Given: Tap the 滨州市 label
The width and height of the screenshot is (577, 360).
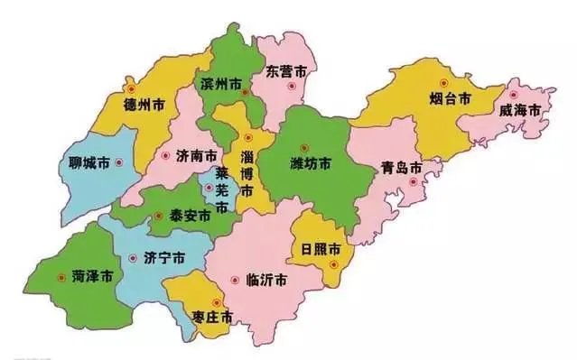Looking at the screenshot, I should (x=221, y=84).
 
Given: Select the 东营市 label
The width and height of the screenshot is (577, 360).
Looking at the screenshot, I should (x=286, y=70).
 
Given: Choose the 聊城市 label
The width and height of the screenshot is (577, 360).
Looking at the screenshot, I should (x=88, y=163).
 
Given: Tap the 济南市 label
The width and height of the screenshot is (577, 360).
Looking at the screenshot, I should (x=196, y=154).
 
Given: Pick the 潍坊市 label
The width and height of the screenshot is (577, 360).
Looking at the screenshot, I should (x=311, y=164).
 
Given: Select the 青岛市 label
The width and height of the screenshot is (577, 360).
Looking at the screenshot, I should (x=402, y=168).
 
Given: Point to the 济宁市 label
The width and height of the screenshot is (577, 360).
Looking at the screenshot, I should (x=164, y=258).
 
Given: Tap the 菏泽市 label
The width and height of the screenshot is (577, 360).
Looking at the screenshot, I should (x=90, y=276).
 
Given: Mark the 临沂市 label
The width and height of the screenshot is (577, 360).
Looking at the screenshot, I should (x=266, y=280).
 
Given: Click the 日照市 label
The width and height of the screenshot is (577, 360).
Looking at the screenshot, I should (x=321, y=248).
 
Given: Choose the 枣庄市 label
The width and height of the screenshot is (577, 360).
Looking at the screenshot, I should (x=212, y=317).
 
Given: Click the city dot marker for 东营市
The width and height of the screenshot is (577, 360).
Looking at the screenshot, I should (x=292, y=88).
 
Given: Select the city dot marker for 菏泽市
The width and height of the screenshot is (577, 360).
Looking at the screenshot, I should (x=61, y=276).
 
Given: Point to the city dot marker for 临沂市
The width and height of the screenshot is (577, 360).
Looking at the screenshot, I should (x=236, y=280).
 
